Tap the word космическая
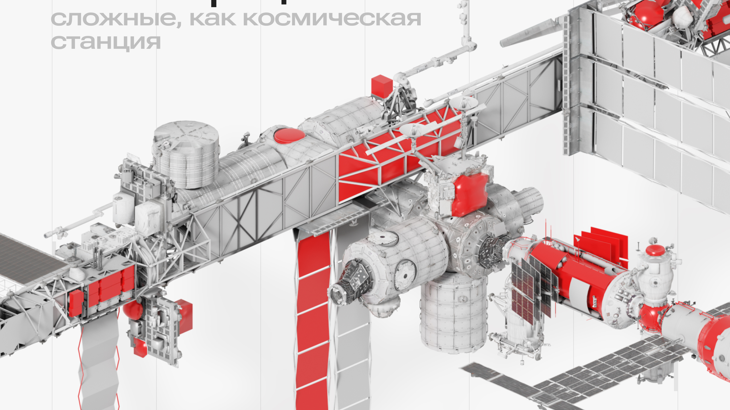[x=332, y=19]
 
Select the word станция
[x=106, y=42]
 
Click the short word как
[x=212, y=19]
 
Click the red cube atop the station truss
[x=382, y=86]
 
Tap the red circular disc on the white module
[x=289, y=136]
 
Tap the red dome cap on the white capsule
[x=655, y=251]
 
